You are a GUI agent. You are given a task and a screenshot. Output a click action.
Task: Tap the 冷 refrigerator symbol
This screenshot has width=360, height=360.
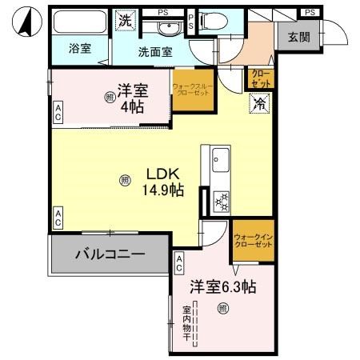click(x=258, y=102)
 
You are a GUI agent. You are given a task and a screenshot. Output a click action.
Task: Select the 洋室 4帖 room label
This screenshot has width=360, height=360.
click(x=130, y=97)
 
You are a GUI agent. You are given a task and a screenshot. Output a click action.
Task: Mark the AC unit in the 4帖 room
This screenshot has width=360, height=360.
click(x=58, y=112)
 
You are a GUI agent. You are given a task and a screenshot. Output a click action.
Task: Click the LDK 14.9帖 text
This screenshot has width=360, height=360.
click(x=164, y=182)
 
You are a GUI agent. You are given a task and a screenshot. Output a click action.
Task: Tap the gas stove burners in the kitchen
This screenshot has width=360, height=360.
click(x=221, y=201)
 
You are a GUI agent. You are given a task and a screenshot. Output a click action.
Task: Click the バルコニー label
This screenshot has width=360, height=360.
click(x=110, y=255)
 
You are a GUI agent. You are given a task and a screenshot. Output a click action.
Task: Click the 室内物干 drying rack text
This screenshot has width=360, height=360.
click(x=186, y=325)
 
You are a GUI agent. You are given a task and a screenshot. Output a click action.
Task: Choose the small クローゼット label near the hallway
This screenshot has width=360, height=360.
click(x=262, y=78)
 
